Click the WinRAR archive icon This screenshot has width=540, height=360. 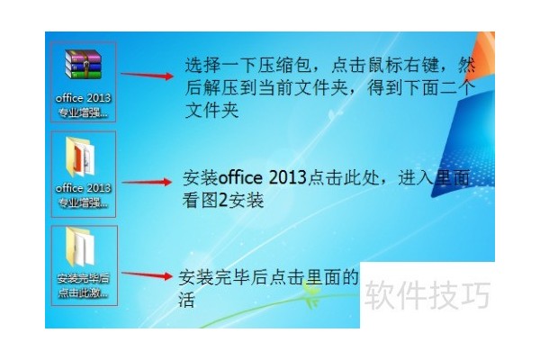click(x=83, y=67)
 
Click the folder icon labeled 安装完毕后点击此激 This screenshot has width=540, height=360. click(x=83, y=247)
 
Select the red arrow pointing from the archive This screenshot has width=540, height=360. click(x=145, y=76)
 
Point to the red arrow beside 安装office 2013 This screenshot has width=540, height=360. click(x=145, y=182)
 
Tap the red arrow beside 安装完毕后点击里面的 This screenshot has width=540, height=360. click(x=145, y=274)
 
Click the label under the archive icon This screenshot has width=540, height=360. click(x=83, y=106)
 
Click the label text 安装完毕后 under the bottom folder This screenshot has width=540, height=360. click(x=83, y=278)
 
